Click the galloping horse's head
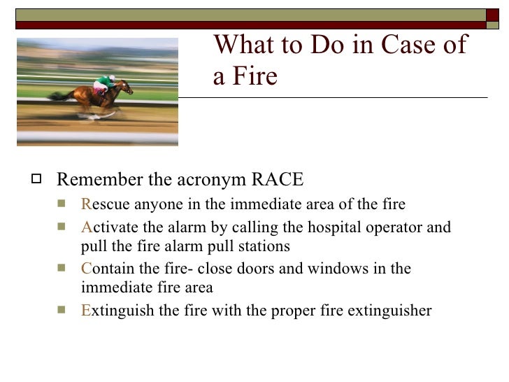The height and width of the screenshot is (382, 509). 126,86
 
